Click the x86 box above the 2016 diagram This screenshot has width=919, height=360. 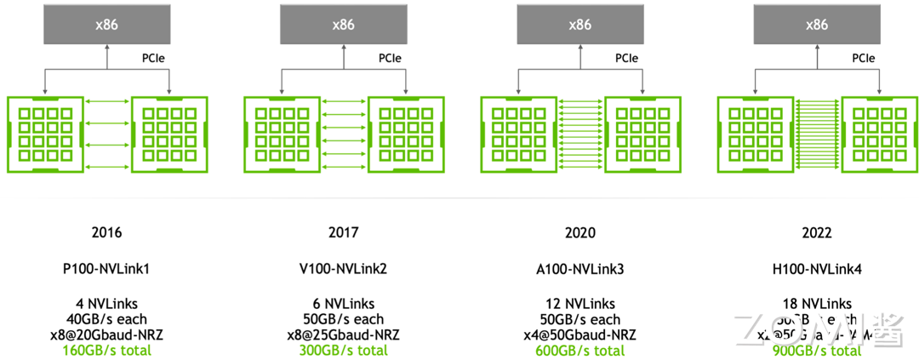tap(106, 25)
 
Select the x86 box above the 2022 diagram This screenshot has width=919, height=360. tap(816, 25)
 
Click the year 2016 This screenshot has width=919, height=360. tap(106, 232)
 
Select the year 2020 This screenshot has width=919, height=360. tap(579, 232)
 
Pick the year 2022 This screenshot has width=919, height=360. tap(816, 232)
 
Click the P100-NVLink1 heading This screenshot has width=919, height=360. tap(106, 269)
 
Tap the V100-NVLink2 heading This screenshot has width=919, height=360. tap(343, 269)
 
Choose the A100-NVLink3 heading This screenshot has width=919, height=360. tap(579, 269)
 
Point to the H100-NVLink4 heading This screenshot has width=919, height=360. tap(816, 269)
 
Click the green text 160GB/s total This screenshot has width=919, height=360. tap(106, 350)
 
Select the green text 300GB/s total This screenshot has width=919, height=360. tap(343, 350)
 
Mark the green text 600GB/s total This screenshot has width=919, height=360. tap(579, 350)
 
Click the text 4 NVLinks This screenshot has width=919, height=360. tap(106, 304)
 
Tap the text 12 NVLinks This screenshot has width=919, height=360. tap(579, 304)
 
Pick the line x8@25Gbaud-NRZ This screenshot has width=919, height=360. tap(343, 334)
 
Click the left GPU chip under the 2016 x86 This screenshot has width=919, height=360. tap(44, 134)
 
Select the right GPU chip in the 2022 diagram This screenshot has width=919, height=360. tap(879, 134)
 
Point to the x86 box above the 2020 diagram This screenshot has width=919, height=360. tap(579, 25)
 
